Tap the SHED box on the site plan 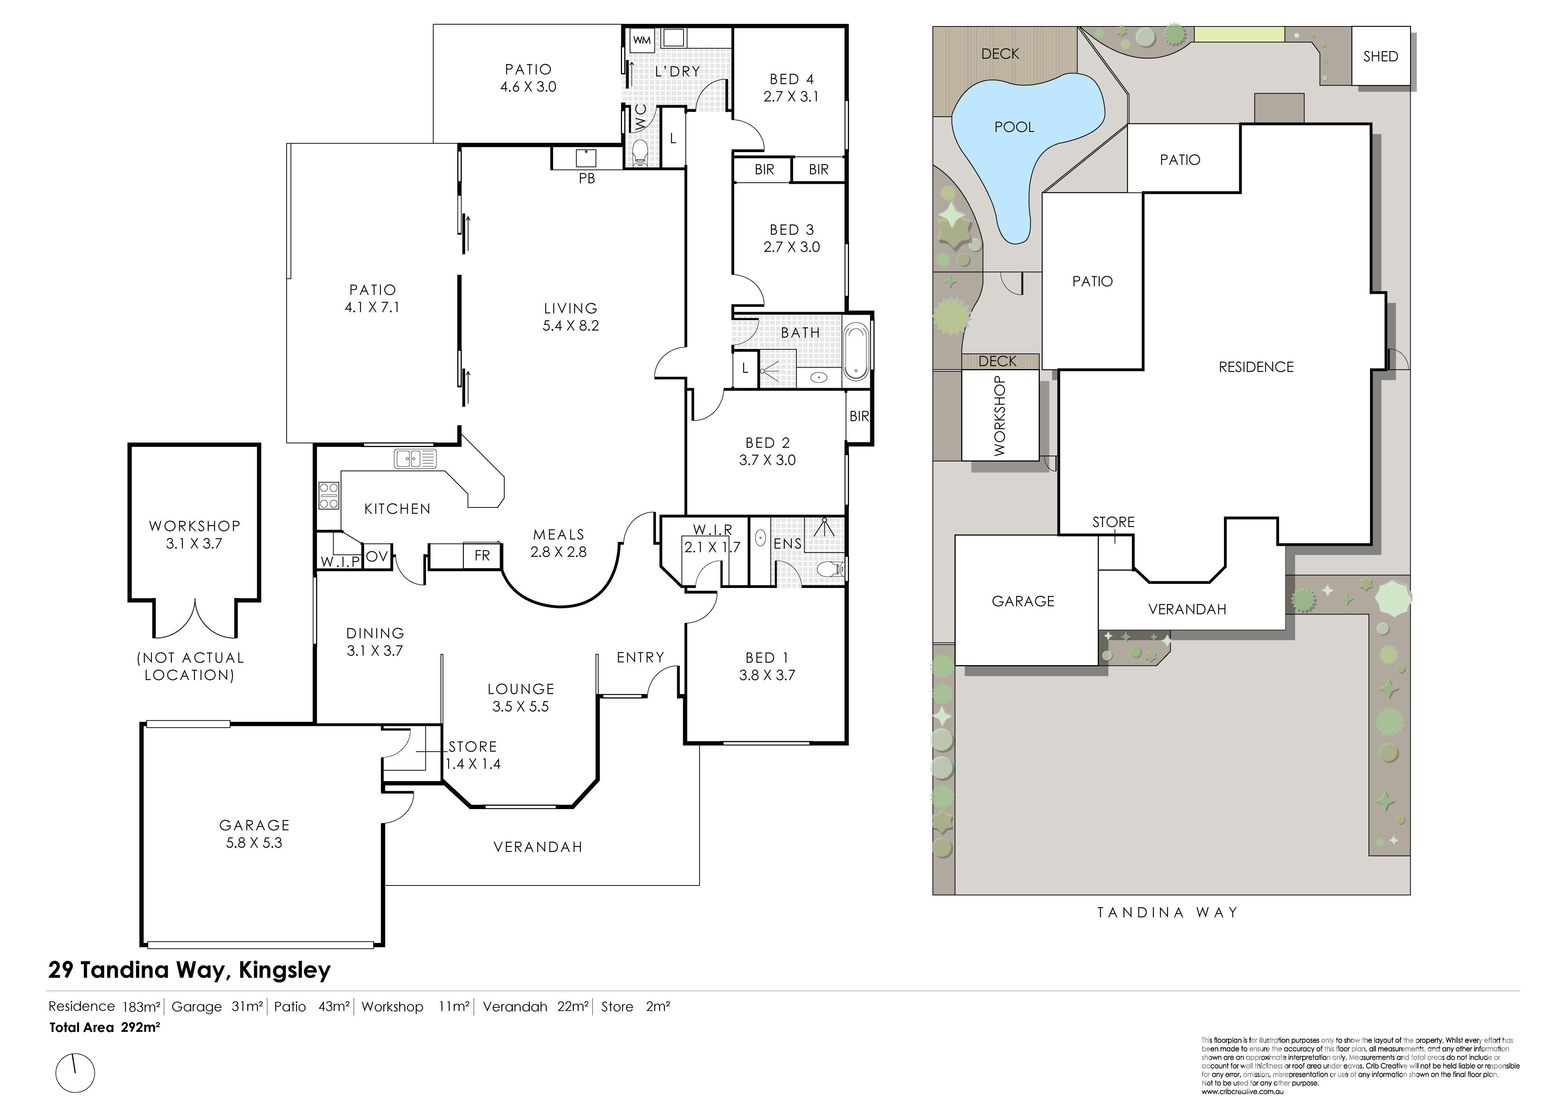click(1380, 56)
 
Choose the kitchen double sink click(415, 459)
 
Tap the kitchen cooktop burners click(329, 496)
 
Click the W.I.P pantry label click(340, 561)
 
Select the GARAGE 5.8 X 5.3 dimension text click(254, 843)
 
